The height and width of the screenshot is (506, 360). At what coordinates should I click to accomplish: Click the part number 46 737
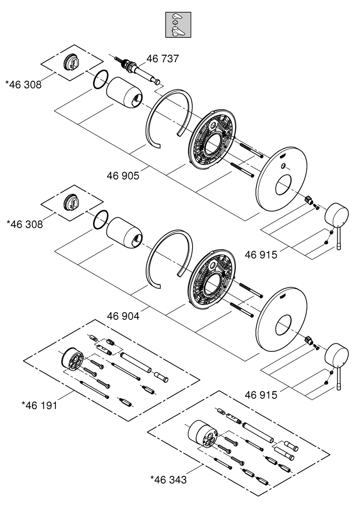coord(162,59)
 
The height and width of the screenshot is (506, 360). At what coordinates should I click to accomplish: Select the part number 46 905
coord(123,176)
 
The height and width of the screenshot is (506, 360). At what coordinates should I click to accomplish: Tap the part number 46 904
coord(123,316)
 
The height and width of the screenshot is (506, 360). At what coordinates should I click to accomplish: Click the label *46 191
coord(39,405)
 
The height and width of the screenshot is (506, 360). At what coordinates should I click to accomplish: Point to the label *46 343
coord(168,480)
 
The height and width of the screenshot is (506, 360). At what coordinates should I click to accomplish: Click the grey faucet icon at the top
coord(178,24)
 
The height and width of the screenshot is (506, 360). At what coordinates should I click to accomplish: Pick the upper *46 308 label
coord(23,85)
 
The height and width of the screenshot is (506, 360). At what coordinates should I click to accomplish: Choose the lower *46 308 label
coord(24,224)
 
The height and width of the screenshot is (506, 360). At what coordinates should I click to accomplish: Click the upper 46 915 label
coord(261,255)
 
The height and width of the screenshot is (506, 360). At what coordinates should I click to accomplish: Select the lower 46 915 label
coord(261,395)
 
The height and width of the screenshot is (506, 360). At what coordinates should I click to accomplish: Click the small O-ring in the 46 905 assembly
coord(101,80)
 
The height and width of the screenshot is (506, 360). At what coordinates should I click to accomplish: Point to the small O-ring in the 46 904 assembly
coord(101,219)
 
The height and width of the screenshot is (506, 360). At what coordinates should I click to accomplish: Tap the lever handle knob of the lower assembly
coord(337,355)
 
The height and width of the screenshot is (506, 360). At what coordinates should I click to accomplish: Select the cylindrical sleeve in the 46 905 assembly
coord(124,93)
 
